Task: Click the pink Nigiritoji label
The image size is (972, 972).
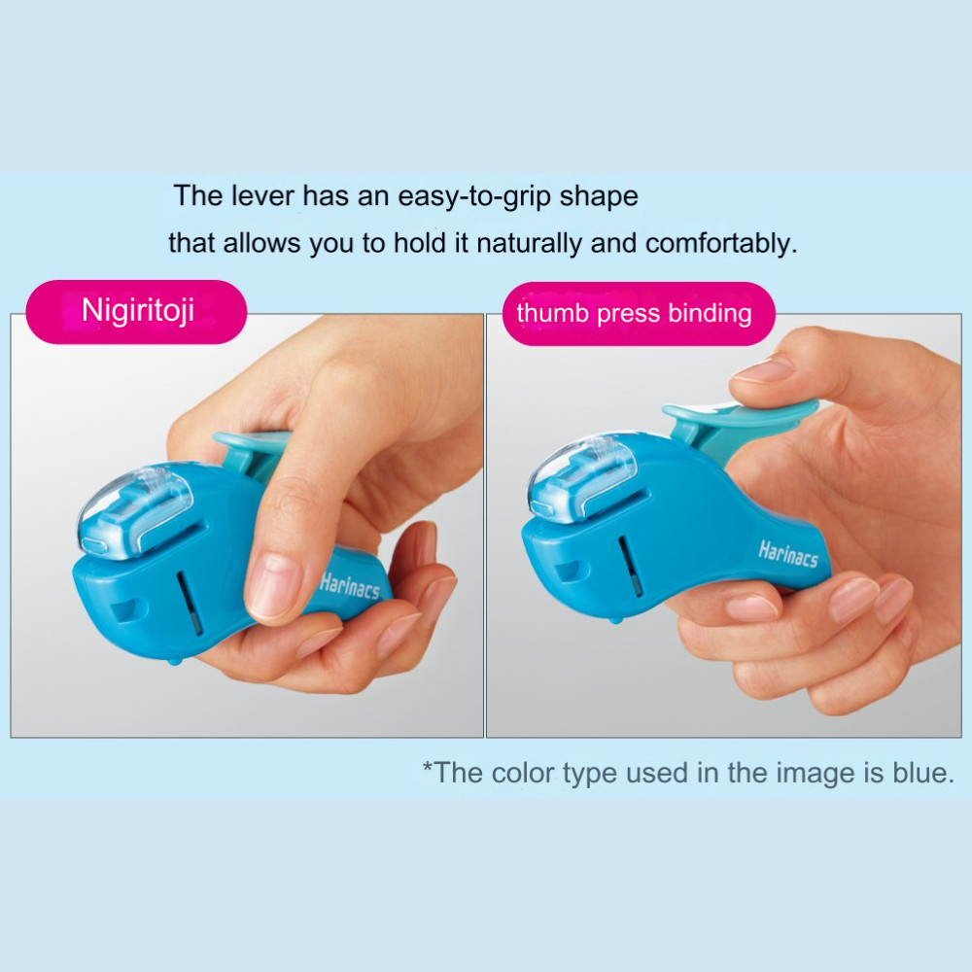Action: pos(136,311)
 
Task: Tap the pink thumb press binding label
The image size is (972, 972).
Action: pos(638,314)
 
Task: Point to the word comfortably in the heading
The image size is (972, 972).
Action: pos(721,244)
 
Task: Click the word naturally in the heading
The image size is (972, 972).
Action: pos(529,244)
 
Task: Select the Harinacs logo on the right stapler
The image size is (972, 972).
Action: pos(788,553)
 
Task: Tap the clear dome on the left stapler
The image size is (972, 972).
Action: pos(135,511)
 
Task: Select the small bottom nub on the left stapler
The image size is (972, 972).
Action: pos(175,661)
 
